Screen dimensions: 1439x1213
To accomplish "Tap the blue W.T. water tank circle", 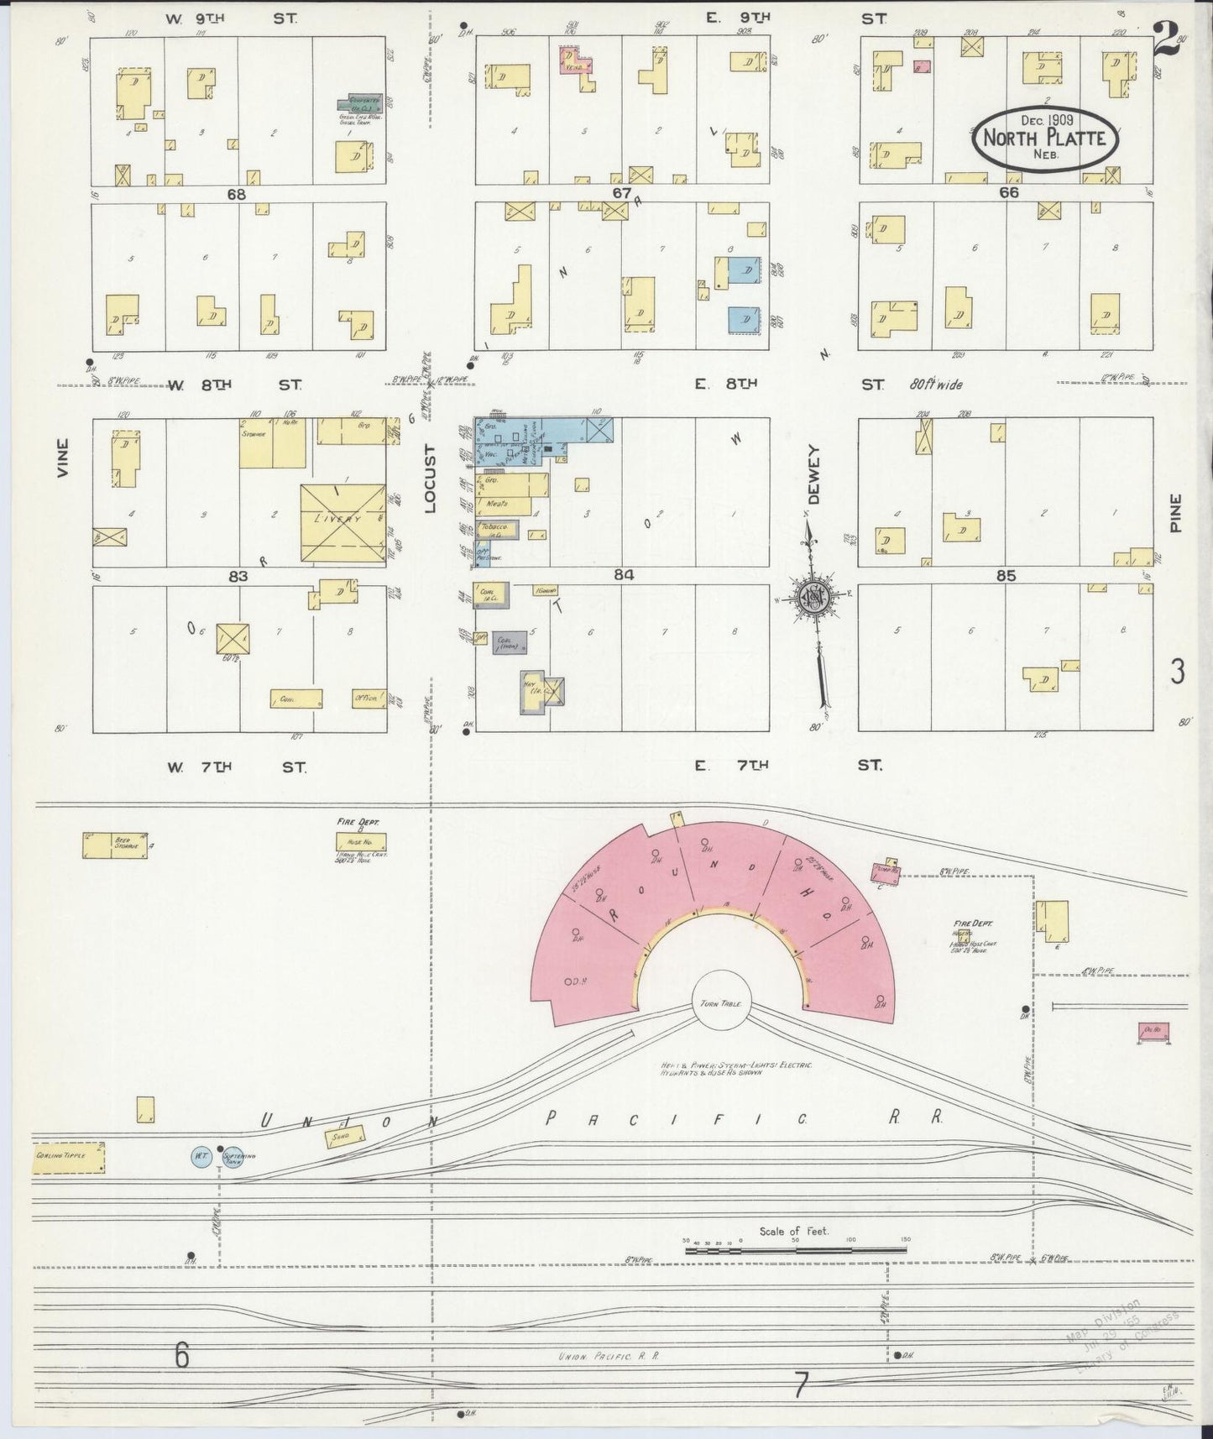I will tap(201, 1156).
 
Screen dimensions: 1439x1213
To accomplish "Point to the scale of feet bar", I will tap(794, 1251).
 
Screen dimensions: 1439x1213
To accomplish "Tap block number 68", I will tap(236, 194).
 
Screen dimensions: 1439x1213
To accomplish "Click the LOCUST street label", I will tap(431, 479).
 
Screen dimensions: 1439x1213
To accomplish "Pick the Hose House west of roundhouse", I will tap(361, 841).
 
